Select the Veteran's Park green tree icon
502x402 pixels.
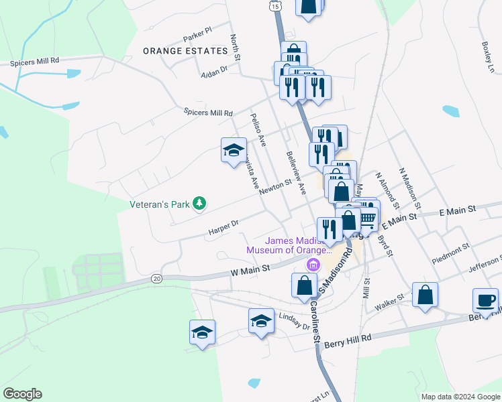pos(199,203)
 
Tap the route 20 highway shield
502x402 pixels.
pos(157,277)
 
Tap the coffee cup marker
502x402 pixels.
pos(485,299)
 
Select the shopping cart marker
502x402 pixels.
pos(367,217)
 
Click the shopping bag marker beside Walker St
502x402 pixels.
pos(425,294)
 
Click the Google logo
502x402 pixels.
pos(22,394)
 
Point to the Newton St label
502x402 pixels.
pos(275,187)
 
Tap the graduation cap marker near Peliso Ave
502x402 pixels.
pos(234,150)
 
